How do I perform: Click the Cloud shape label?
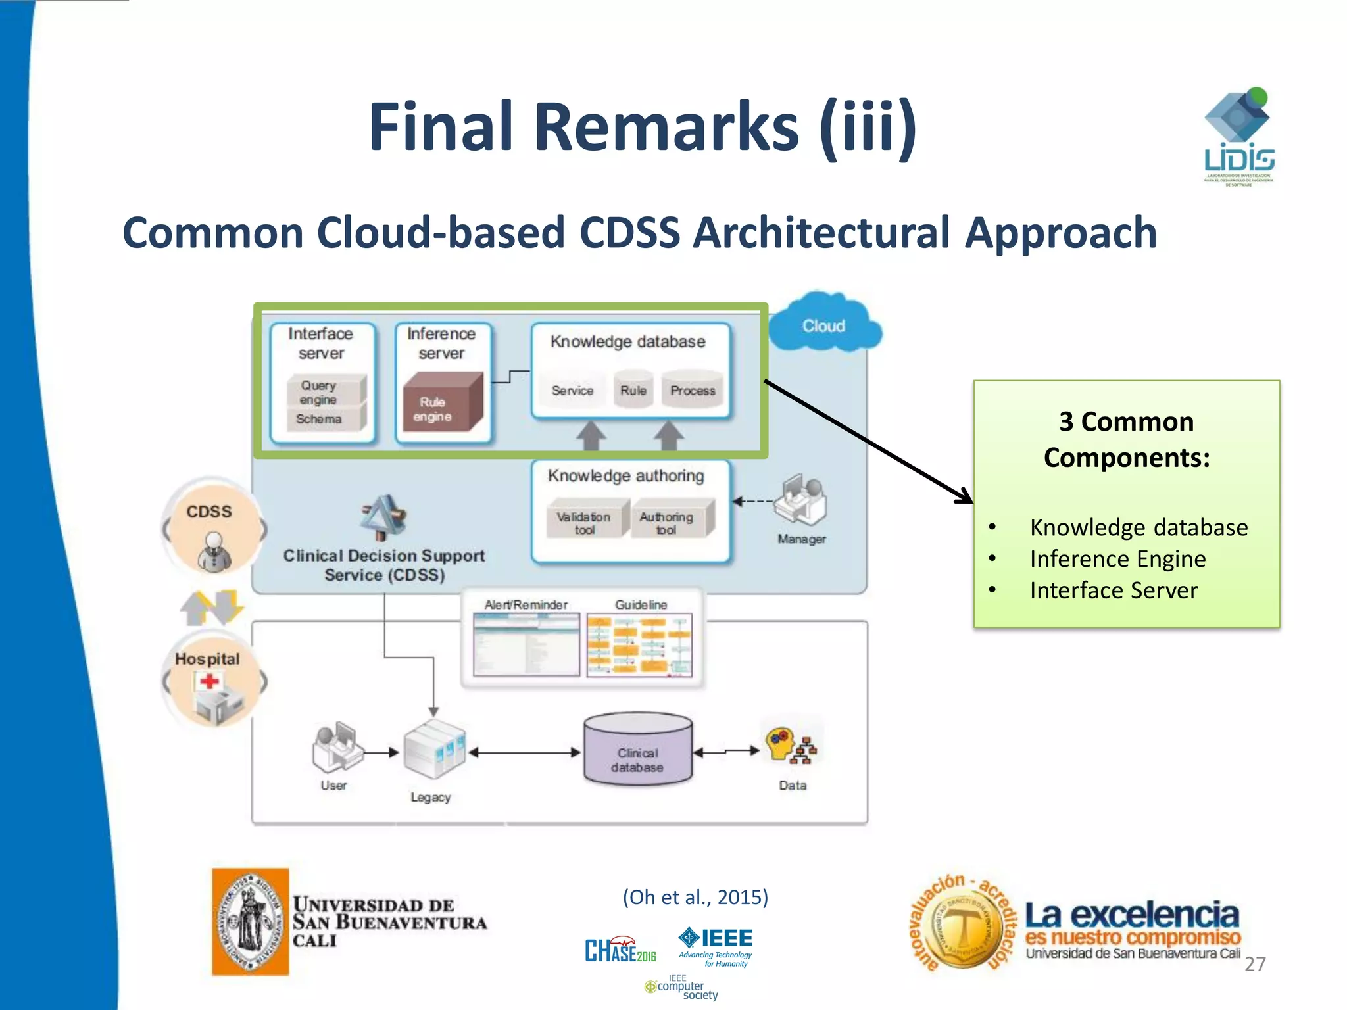click(x=823, y=326)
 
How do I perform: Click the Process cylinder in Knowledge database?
click(x=693, y=390)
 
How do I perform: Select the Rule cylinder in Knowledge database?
click(x=633, y=390)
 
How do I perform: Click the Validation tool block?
click(x=584, y=522)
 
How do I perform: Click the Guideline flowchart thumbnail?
click(x=639, y=645)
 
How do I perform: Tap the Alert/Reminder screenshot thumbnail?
click(x=526, y=645)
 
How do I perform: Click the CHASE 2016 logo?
click(x=620, y=950)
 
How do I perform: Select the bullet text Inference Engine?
click(x=1117, y=559)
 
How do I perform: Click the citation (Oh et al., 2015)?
click(x=695, y=897)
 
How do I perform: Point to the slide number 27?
click(x=1255, y=964)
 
